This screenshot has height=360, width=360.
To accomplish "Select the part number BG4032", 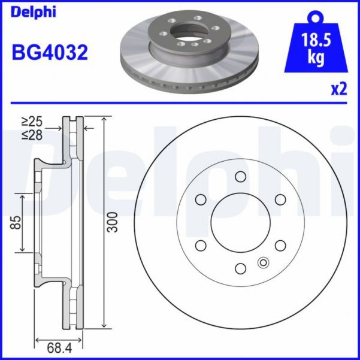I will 50,52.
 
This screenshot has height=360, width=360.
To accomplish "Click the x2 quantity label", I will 338,89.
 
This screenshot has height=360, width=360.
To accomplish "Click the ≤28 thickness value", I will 34,136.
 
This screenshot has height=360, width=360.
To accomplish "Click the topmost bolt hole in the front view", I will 241,176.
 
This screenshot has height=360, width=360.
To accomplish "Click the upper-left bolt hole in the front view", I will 201,199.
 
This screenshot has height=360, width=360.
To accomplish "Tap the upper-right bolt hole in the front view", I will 280,199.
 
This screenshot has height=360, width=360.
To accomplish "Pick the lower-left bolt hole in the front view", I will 201,245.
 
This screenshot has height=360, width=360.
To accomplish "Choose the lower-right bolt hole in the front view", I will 280,245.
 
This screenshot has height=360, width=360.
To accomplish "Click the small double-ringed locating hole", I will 262,262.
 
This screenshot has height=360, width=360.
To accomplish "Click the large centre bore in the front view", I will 241,222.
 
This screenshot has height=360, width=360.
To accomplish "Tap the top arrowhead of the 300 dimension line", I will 105,118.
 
